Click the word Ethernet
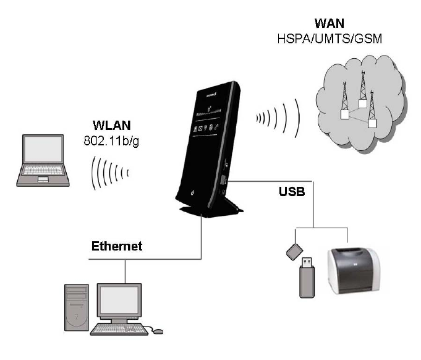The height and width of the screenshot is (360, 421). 117,246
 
